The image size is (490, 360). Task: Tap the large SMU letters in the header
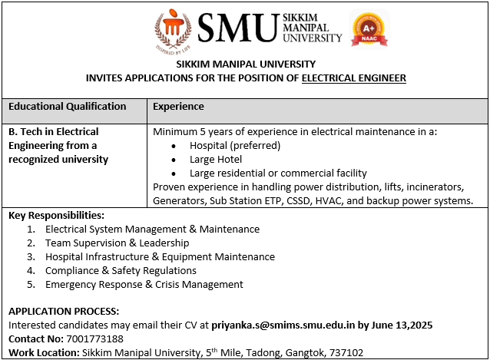pos(237,28)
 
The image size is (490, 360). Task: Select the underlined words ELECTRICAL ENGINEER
pos(354,78)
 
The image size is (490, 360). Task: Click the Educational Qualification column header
pos(68,107)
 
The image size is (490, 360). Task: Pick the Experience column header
pos(179,107)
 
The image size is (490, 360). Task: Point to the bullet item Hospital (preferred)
pos(236,145)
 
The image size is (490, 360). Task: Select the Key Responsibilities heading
pos(56,215)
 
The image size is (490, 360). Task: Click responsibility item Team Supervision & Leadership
pos(118,243)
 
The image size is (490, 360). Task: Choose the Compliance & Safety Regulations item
pos(121,270)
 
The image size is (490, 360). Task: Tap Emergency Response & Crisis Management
pos(144,284)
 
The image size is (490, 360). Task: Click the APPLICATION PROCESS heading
pos(64,312)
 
